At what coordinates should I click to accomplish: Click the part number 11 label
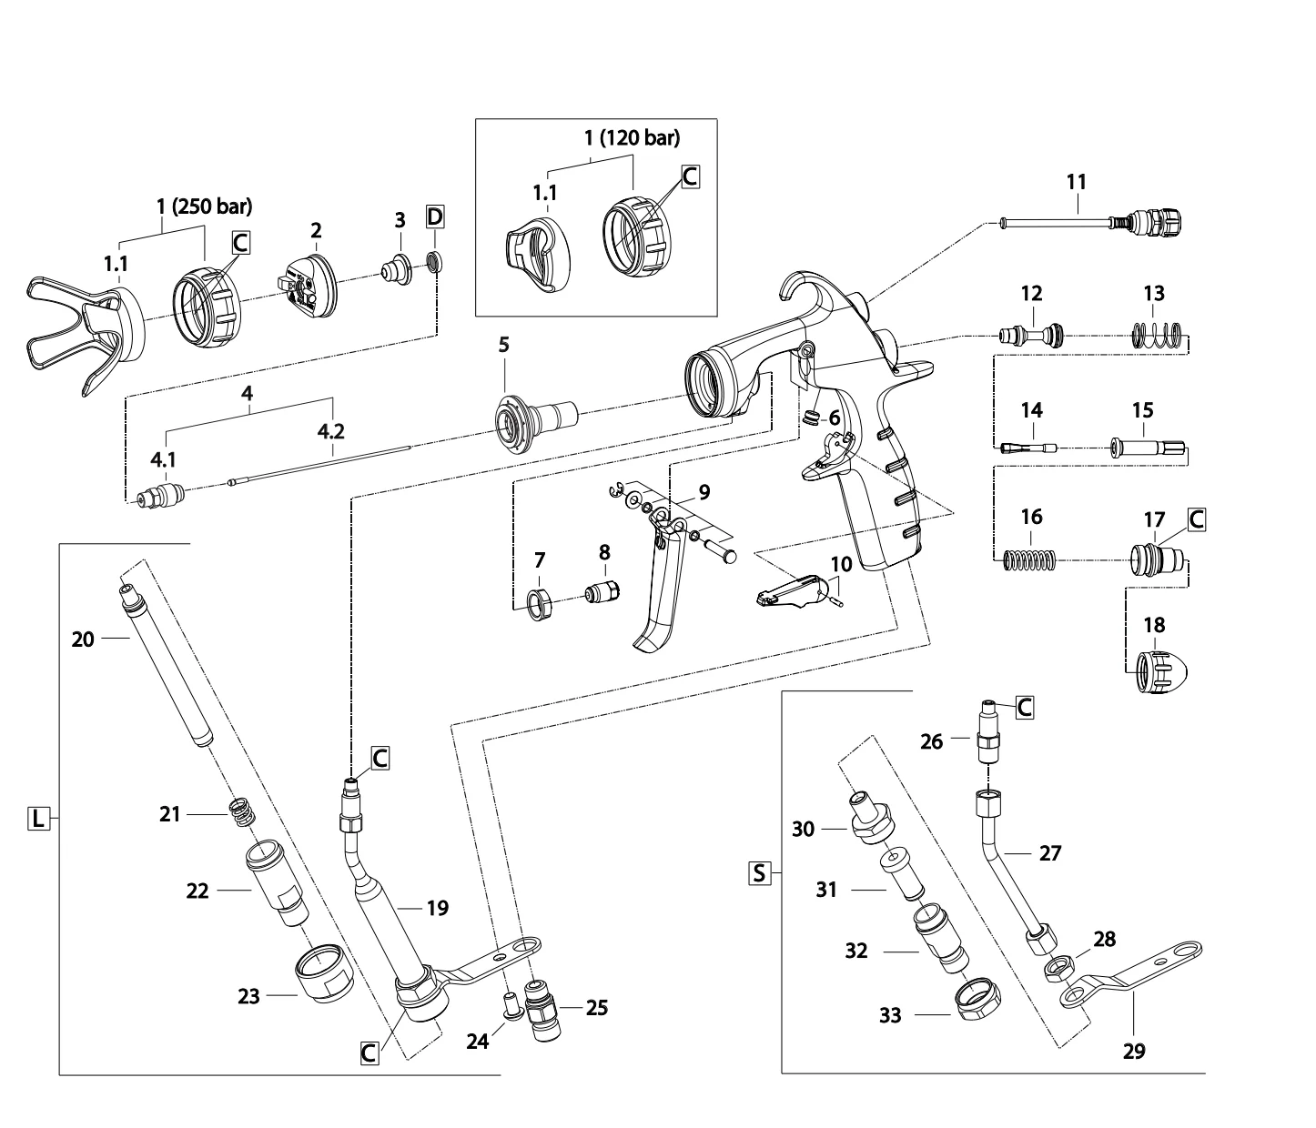[1077, 181]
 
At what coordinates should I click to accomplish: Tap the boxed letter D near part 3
[436, 218]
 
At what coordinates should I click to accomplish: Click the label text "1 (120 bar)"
[632, 137]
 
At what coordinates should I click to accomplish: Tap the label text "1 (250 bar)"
[205, 206]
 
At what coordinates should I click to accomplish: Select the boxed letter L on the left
[37, 819]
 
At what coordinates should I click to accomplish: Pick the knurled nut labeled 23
[321, 975]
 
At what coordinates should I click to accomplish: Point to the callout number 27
[1050, 853]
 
